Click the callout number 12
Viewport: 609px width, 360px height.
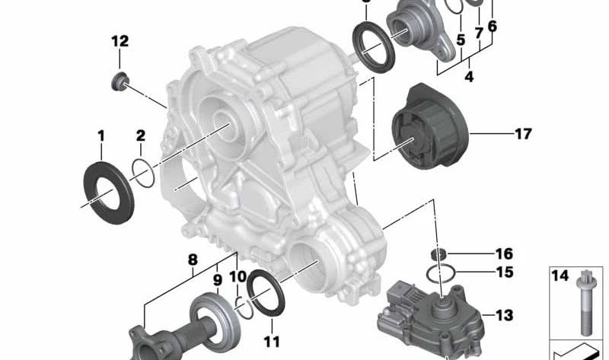click(120, 41)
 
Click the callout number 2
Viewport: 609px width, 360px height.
click(140, 136)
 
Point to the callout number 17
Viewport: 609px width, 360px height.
click(522, 134)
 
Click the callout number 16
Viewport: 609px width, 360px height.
click(504, 253)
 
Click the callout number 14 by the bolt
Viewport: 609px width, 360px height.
click(560, 276)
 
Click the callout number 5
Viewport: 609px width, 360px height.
click(461, 38)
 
